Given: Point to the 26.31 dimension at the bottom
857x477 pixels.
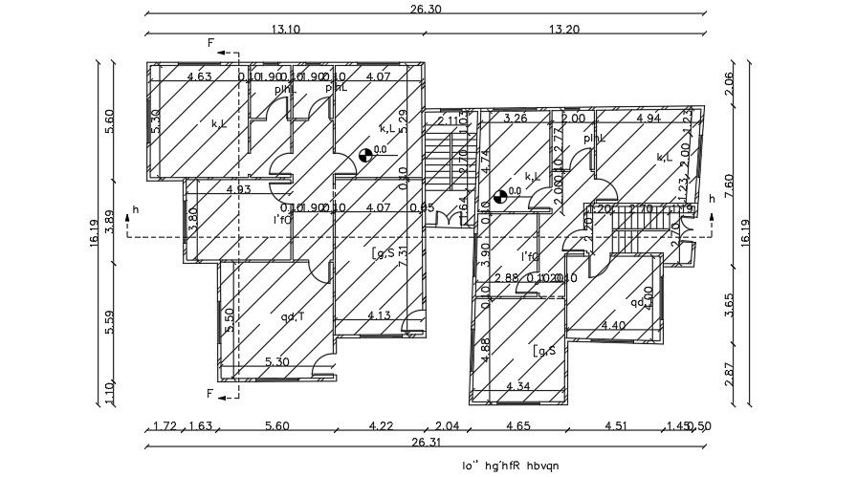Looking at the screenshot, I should [426, 442].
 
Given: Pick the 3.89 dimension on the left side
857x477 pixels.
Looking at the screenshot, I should [109, 220].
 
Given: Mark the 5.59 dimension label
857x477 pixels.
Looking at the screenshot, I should [109, 322].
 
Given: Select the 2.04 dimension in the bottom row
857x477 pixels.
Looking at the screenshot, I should [448, 426].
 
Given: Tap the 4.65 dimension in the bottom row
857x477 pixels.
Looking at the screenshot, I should [518, 426].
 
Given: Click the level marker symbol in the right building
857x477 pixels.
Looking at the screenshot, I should [499, 197].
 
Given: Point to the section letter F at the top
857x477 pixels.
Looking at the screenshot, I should [211, 42].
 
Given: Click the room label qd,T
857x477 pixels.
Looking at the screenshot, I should [292, 316].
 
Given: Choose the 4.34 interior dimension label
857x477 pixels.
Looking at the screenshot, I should [518, 385].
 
